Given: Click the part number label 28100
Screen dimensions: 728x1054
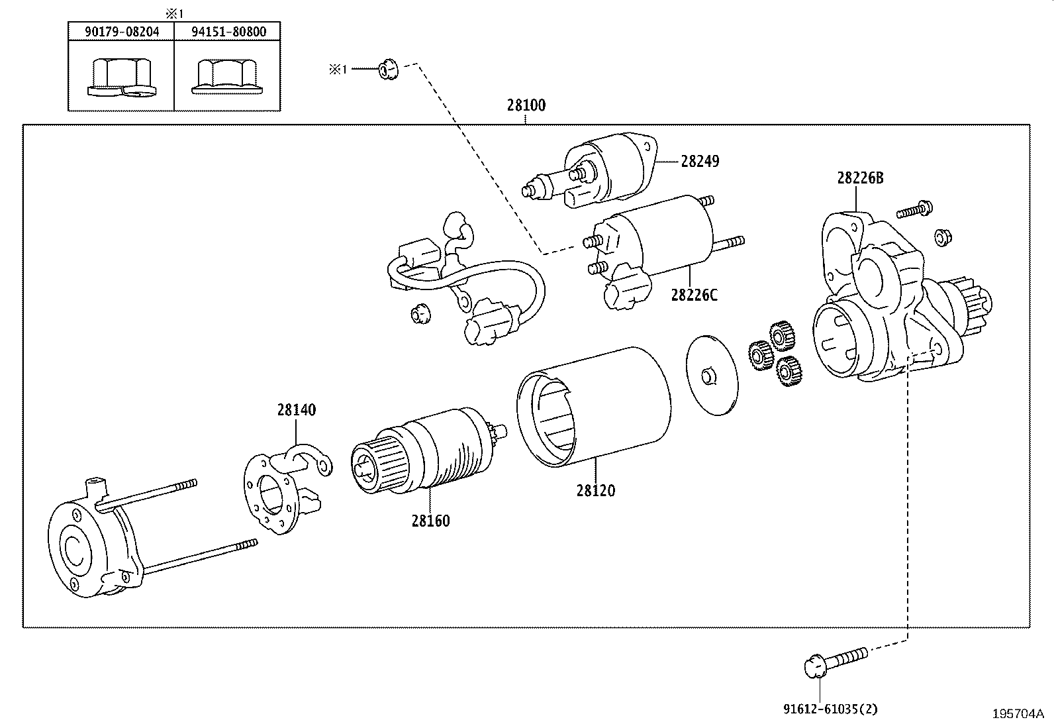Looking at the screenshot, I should point(526,105).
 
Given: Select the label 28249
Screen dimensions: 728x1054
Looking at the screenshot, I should point(700,161).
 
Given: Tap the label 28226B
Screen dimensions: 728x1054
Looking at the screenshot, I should point(859,178).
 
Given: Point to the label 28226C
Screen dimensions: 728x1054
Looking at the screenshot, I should point(693,295).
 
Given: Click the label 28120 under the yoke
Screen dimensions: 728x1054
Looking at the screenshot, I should point(595,491).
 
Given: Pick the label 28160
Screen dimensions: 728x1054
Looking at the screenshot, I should point(430,521).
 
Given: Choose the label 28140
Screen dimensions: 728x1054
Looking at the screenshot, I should point(296,410).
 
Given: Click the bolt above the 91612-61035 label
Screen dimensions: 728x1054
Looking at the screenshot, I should point(835,660).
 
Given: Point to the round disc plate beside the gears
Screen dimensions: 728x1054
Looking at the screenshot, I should point(712,376).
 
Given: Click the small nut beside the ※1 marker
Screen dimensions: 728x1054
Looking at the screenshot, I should point(387,68).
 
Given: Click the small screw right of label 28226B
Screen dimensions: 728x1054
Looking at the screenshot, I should point(915,210).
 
